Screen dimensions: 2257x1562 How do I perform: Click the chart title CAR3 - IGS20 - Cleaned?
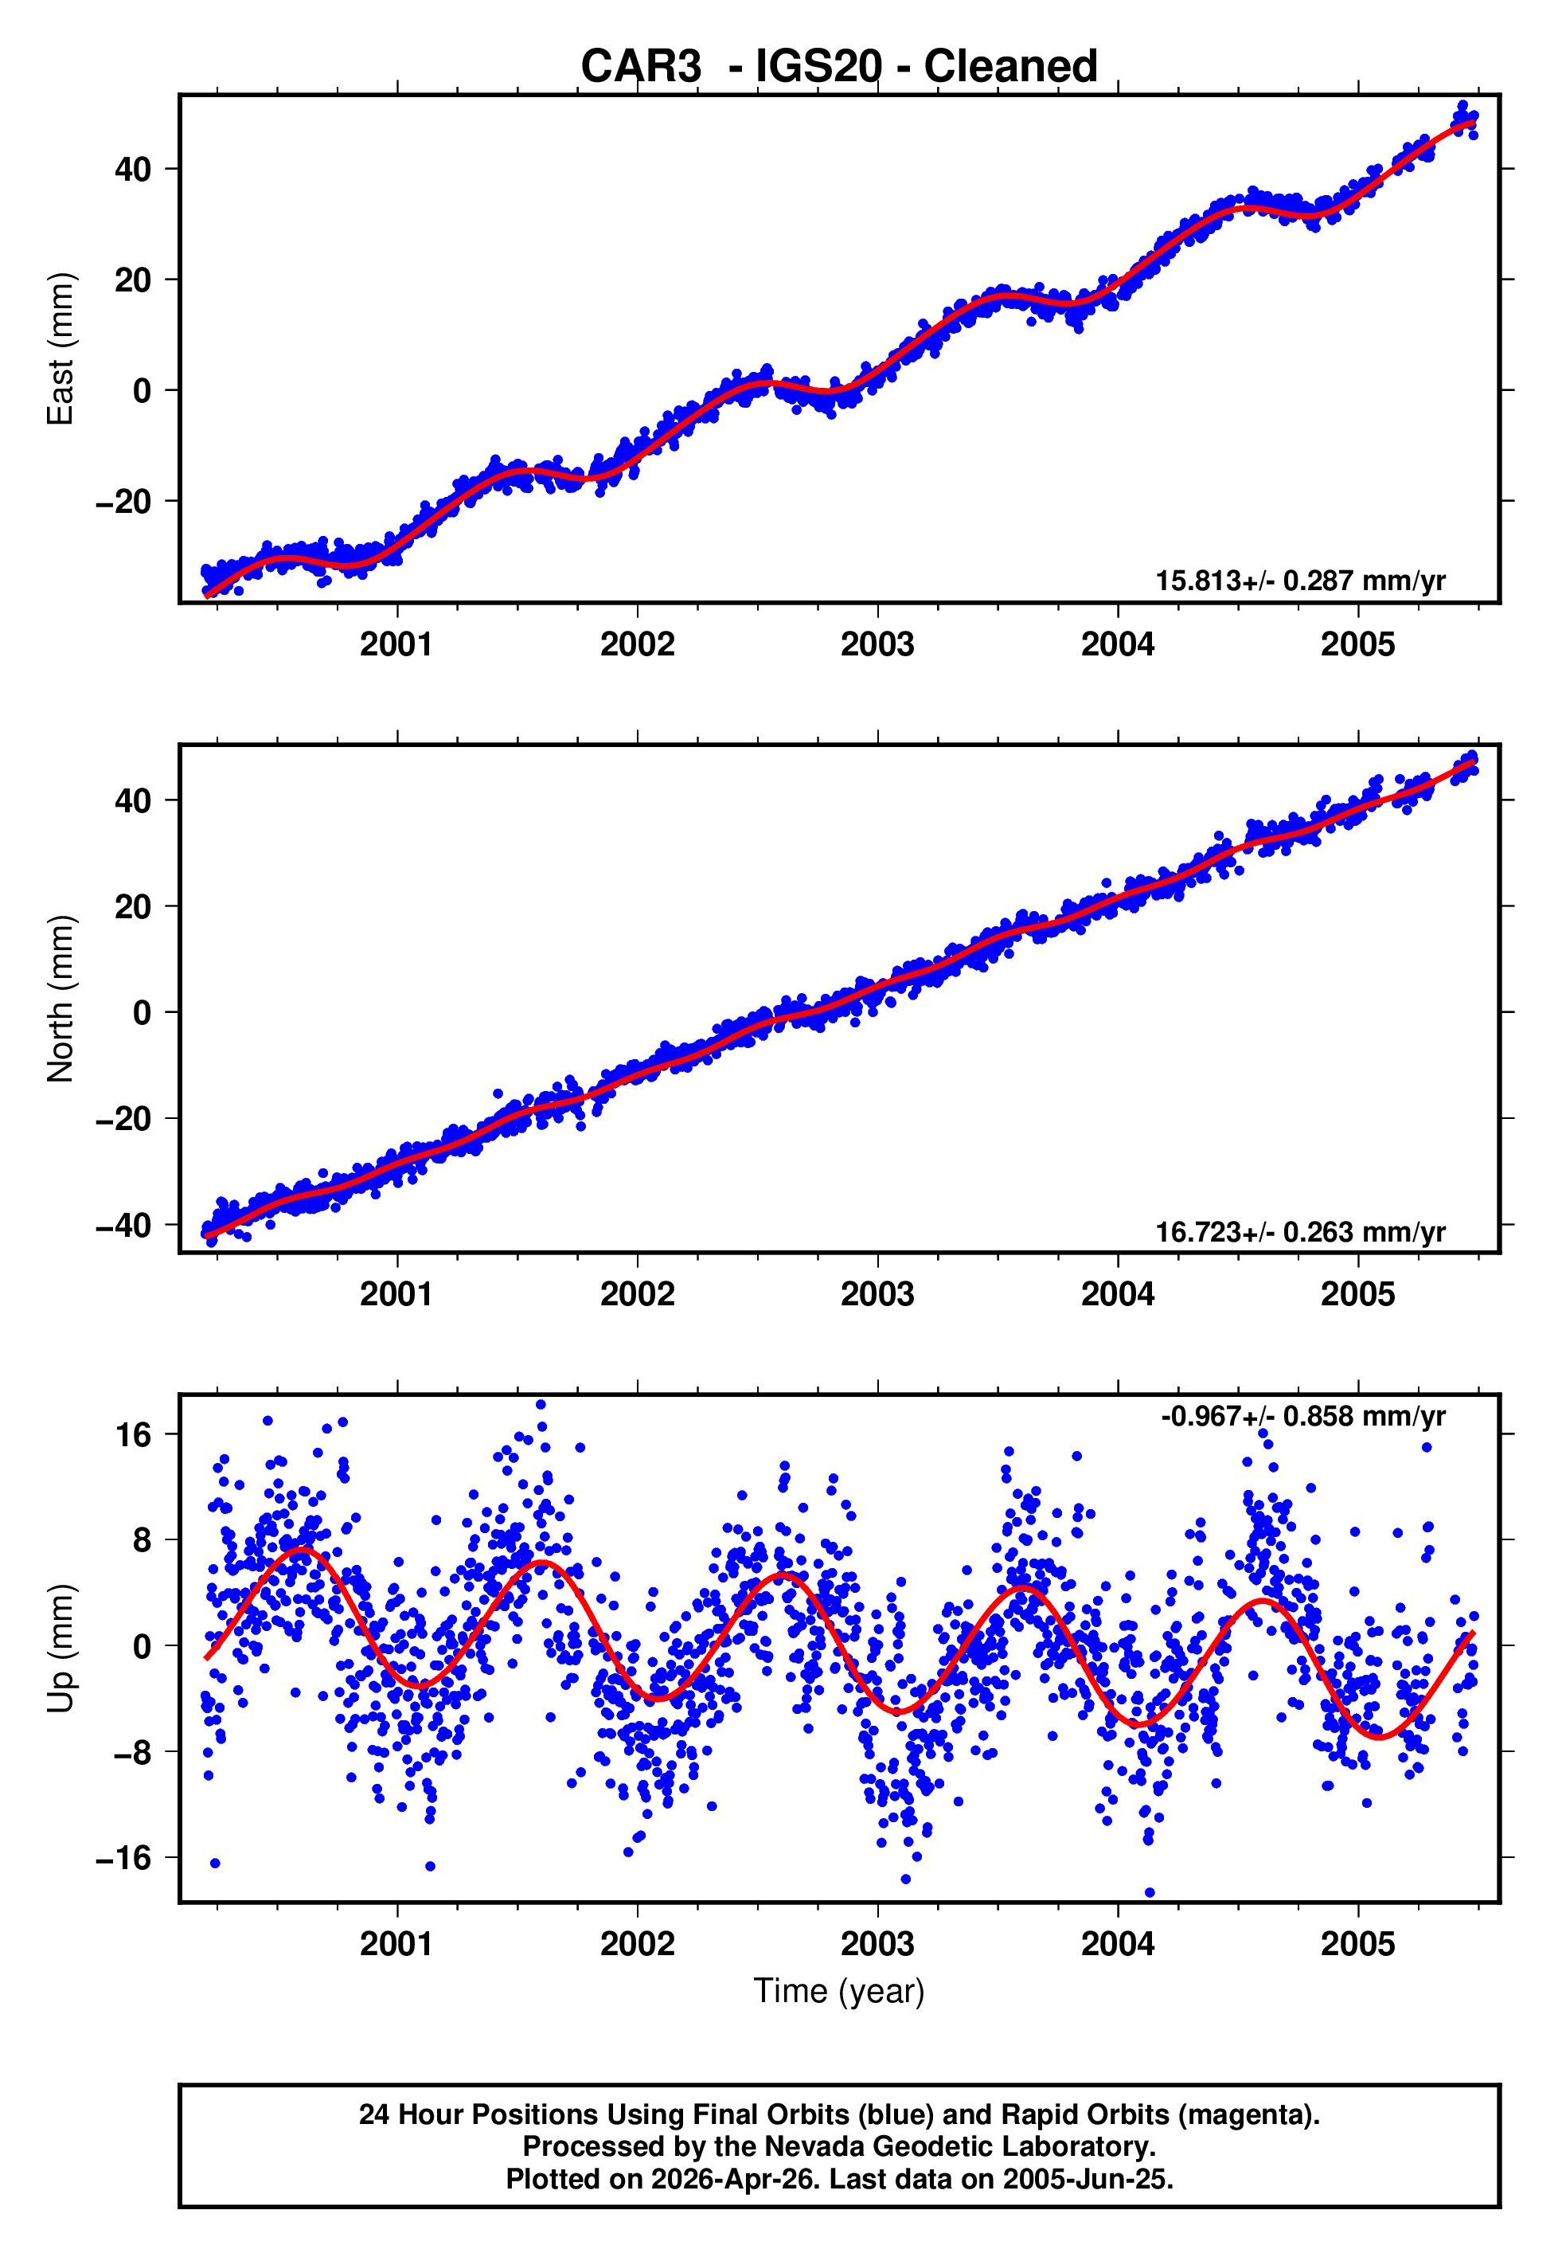pyautogui.click(x=839, y=67)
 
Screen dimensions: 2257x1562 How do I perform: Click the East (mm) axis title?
pyautogui.click(x=61, y=349)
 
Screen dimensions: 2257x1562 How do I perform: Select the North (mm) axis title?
pyautogui.click(x=61, y=999)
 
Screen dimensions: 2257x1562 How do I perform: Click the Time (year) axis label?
pyautogui.click(x=839, y=1992)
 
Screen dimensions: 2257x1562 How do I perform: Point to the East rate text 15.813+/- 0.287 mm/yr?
pyautogui.click(x=1300, y=581)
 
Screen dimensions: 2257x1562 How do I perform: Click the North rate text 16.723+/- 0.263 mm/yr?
pyautogui.click(x=1300, y=1231)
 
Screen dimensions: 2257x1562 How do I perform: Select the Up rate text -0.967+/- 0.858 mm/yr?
pyautogui.click(x=1302, y=1416)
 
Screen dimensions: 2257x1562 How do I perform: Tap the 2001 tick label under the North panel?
pyautogui.click(x=396, y=1295)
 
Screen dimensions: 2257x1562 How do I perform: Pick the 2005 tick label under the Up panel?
pyautogui.click(x=1357, y=1944)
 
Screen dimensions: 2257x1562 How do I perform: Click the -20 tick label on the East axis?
pyautogui.click(x=123, y=502)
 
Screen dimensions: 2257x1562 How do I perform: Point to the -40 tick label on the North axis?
pyautogui.click(x=123, y=1226)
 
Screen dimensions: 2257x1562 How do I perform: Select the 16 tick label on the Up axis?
pyautogui.click(x=134, y=1436)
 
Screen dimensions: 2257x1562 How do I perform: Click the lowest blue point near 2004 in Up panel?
pyautogui.click(x=1149, y=1893)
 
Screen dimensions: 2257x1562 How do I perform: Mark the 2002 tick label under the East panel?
pyautogui.click(x=637, y=645)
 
